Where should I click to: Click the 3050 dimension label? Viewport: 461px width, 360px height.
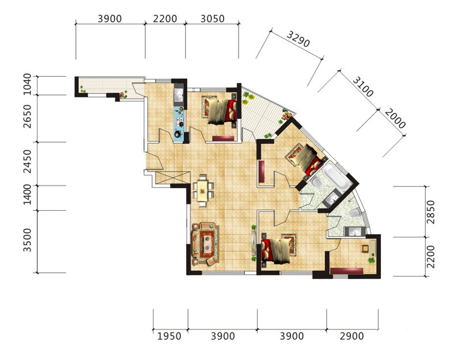click(x=212, y=18)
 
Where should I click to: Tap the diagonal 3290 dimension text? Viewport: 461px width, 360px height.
click(x=298, y=39)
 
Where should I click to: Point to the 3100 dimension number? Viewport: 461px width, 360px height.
click(x=363, y=86)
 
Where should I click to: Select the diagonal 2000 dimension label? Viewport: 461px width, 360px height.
click(x=395, y=119)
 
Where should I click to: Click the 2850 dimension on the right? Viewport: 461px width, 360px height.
click(x=430, y=212)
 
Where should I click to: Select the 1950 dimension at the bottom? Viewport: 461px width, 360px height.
click(x=169, y=336)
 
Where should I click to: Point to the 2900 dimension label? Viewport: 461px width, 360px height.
click(x=352, y=336)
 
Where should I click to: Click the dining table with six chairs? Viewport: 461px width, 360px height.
click(x=202, y=191)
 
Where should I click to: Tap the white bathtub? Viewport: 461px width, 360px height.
click(x=335, y=176)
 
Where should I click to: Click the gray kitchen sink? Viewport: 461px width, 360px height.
click(x=179, y=94)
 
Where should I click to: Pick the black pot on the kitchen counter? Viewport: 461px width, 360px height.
click(x=178, y=134)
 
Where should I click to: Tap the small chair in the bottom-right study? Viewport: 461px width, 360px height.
click(x=365, y=248)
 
